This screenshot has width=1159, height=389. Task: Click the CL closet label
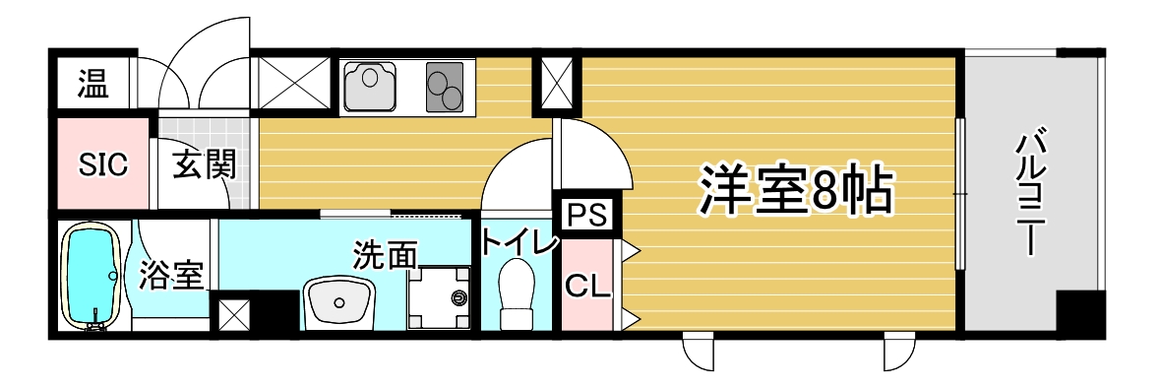(587, 285)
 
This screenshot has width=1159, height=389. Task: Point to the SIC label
(102, 164)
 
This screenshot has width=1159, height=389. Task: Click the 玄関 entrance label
(206, 164)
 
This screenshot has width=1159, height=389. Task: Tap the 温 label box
(92, 85)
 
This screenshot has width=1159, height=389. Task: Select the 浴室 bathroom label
(170, 276)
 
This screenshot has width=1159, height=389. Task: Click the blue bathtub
(91, 276)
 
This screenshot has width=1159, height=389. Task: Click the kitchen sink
(370, 86)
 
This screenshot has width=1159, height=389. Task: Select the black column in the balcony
(1080, 313)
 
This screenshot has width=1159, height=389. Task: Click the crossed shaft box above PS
(555, 84)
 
